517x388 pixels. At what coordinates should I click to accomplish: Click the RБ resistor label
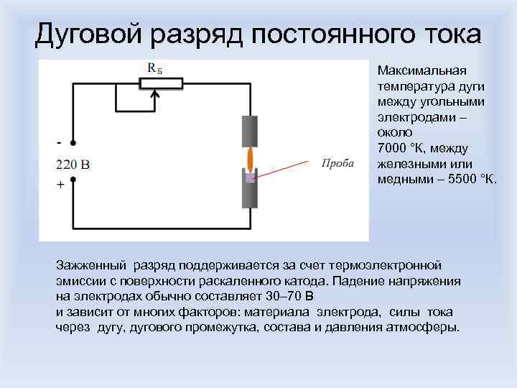[x=154, y=68]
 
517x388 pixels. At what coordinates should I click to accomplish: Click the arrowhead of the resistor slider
[x=154, y=92]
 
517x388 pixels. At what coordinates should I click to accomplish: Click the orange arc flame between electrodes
[x=250, y=158]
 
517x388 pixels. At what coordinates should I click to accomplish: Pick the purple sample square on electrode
[x=250, y=177]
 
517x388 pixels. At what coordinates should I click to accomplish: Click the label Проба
[x=337, y=163]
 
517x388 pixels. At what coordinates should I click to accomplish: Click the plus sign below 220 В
[x=60, y=185]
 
